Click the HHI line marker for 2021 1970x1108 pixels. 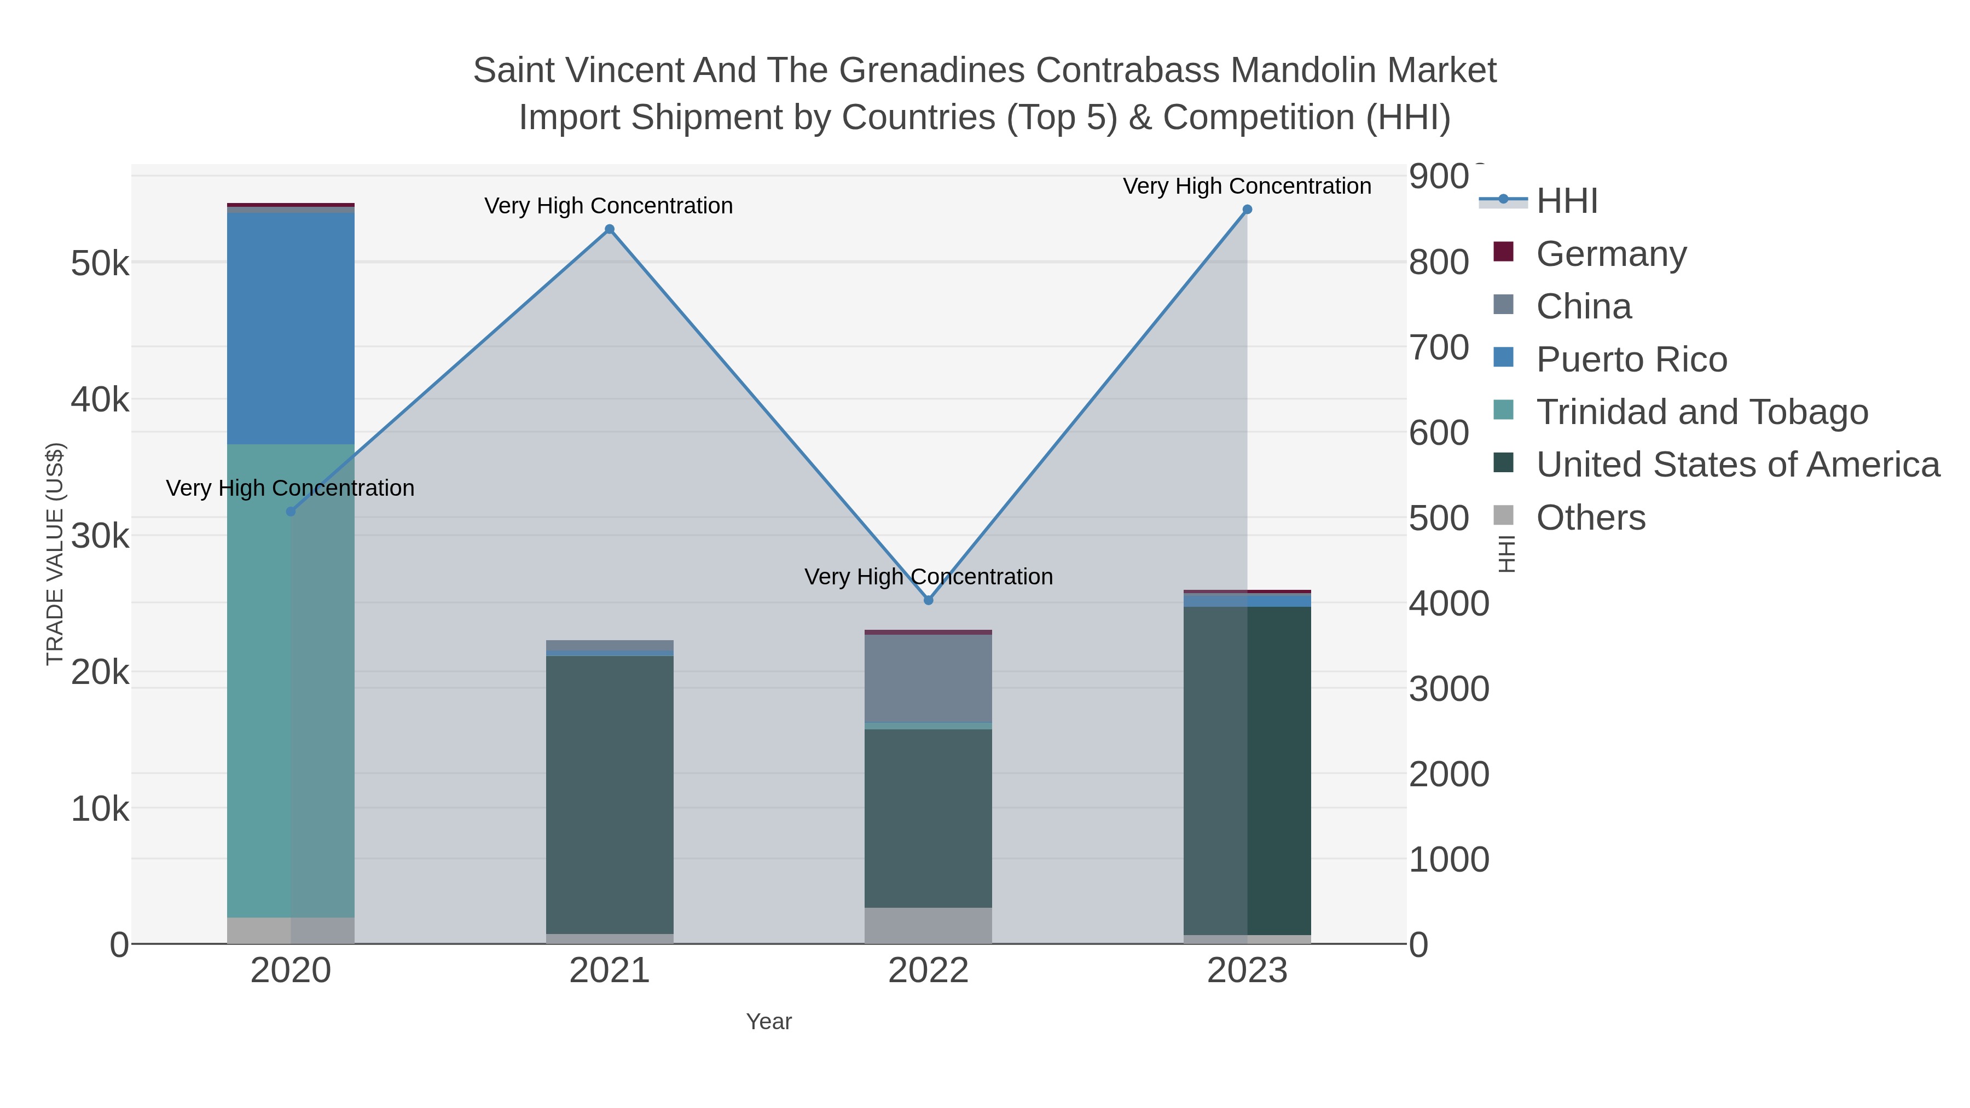coord(610,229)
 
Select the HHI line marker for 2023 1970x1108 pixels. coord(1247,210)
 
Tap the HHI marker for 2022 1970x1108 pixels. coord(929,600)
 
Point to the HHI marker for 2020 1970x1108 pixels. coord(291,512)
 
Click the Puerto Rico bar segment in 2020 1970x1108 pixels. coord(291,329)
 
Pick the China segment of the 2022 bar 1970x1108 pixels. coord(929,678)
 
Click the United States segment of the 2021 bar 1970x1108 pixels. coord(610,795)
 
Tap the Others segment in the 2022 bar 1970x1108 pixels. coord(929,925)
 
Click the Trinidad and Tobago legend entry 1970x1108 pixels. coord(1701,412)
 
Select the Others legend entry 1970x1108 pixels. coord(1591,518)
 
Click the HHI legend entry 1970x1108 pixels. coord(1566,201)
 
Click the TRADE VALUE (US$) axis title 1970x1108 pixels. coord(55,554)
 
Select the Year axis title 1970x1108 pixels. coord(769,1022)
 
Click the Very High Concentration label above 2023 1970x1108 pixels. coord(1247,187)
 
